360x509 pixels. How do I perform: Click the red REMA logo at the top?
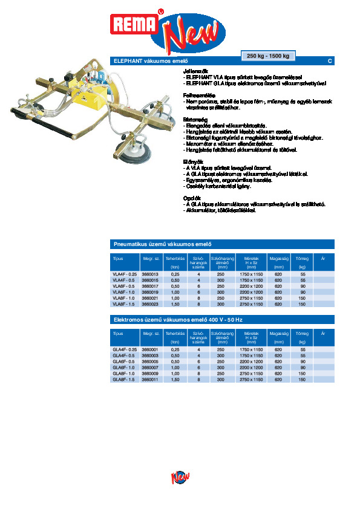coord(133,25)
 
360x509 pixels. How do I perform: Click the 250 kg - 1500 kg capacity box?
coord(268,56)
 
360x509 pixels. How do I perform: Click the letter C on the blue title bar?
coord(330,60)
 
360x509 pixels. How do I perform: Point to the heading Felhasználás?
coord(197,96)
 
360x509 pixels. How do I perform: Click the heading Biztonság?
coord(195,119)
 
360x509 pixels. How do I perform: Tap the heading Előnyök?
coord(193,161)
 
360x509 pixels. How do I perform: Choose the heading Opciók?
coord(192,198)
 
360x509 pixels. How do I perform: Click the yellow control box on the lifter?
coord(86,96)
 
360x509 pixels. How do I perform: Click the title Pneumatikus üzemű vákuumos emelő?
coord(162,244)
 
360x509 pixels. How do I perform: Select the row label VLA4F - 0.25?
coord(125,274)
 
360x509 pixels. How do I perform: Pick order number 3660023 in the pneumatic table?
coord(150,304)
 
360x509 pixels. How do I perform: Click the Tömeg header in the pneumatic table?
coord(303,258)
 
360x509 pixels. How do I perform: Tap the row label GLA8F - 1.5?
coord(124,379)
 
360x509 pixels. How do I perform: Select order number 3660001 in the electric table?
coord(150,349)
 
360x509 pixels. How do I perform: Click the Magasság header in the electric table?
coord(278,333)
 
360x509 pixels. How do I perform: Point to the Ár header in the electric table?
coord(324,333)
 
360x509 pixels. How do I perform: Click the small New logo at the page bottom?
coord(180,478)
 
